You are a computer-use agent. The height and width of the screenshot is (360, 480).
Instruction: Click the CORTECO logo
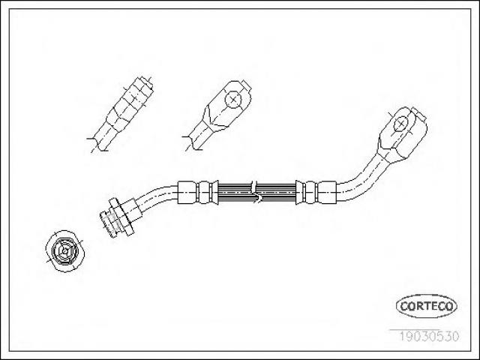click(x=427, y=306)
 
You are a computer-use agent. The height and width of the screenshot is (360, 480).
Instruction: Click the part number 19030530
click(x=429, y=336)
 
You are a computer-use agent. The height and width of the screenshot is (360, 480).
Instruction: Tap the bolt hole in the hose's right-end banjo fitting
click(x=400, y=124)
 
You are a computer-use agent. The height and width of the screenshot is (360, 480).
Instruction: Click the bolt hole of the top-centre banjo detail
click(x=233, y=99)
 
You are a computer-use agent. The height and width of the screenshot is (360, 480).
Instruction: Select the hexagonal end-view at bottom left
click(x=65, y=251)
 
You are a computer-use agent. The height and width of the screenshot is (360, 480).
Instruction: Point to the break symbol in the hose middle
click(x=255, y=191)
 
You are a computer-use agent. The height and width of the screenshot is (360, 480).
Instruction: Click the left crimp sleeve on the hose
click(x=198, y=192)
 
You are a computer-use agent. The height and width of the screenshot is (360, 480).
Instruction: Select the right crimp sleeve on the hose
click(x=316, y=192)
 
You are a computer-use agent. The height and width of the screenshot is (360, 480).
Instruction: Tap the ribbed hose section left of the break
click(x=234, y=193)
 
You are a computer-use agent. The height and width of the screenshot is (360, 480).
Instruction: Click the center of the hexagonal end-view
click(x=65, y=251)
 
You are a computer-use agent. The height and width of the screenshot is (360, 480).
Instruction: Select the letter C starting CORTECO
click(x=403, y=306)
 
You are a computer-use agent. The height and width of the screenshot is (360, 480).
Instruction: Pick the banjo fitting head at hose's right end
click(x=403, y=135)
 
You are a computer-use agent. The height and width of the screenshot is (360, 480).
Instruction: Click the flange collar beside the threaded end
click(x=121, y=217)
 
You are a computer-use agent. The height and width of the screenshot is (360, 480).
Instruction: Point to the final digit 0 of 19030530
click(x=455, y=336)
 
